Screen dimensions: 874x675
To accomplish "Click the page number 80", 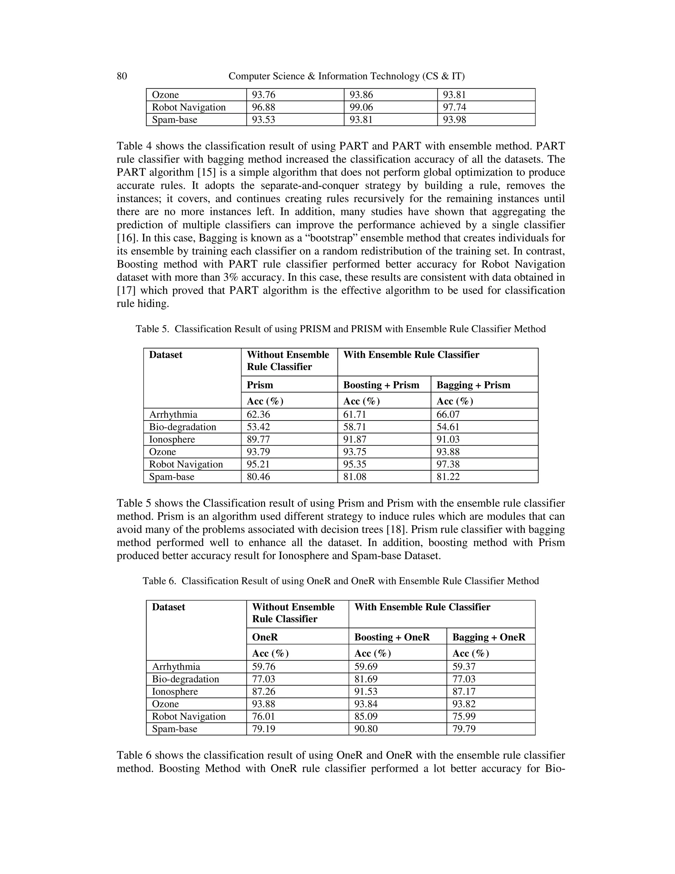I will click(122, 76).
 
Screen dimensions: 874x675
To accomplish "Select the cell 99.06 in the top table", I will click(361, 107).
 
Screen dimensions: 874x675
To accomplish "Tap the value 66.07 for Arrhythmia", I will click(448, 415).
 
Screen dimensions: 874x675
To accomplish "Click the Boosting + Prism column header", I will click(381, 385).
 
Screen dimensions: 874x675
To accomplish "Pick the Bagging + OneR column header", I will click(489, 637).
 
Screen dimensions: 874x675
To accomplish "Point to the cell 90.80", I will click(366, 729).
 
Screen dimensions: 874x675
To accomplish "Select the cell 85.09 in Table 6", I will click(366, 716).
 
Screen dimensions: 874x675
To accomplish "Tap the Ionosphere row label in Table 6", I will click(175, 692).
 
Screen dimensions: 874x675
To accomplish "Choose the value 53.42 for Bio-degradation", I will click(258, 427).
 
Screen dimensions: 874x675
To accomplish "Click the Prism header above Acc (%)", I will click(260, 385).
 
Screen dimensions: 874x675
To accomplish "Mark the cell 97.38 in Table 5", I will click(448, 464).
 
